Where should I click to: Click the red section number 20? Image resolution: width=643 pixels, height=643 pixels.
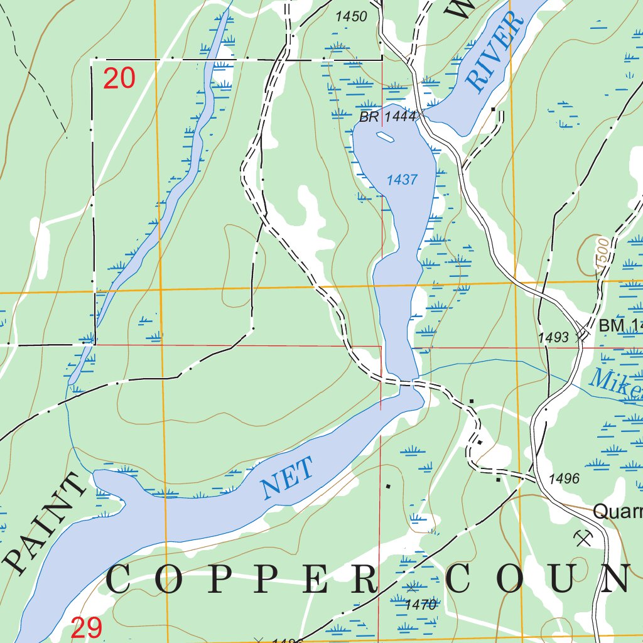pyautogui.click(x=119, y=79)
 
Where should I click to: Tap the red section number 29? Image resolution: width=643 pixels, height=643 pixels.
pyautogui.click(x=87, y=628)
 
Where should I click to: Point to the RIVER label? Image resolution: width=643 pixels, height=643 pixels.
pyautogui.click(x=495, y=52)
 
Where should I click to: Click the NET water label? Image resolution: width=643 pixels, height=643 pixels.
pyautogui.click(x=286, y=478)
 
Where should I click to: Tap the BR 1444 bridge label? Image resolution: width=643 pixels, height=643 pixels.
pyautogui.click(x=387, y=117)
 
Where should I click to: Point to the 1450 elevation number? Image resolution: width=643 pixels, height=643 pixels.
pyautogui.click(x=351, y=17)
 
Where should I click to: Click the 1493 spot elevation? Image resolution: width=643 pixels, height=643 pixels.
pyautogui.click(x=553, y=338)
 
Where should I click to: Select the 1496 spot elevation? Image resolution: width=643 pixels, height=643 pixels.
pyautogui.click(x=563, y=479)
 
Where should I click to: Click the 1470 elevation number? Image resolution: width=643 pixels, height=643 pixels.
pyautogui.click(x=421, y=605)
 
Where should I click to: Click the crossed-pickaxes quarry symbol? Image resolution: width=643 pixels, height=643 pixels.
pyautogui.click(x=583, y=536)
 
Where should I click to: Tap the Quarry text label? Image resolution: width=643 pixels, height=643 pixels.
pyautogui.click(x=618, y=512)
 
